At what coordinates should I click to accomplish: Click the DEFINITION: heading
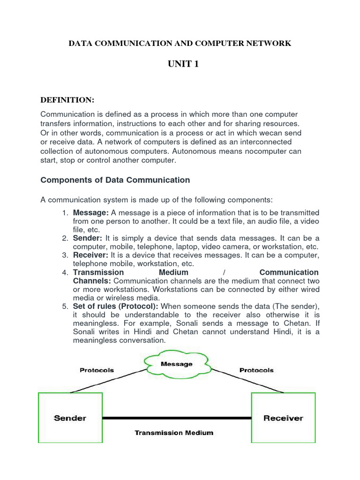[67, 100]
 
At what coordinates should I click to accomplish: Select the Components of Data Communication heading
[115, 180]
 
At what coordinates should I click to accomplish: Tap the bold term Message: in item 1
[91, 213]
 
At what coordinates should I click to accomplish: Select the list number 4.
[66, 273]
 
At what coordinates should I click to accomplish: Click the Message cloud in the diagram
[176, 364]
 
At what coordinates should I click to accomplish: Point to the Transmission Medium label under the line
[174, 433]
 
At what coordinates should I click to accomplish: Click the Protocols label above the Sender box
[97, 370]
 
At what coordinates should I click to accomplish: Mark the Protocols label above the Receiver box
[256, 370]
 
